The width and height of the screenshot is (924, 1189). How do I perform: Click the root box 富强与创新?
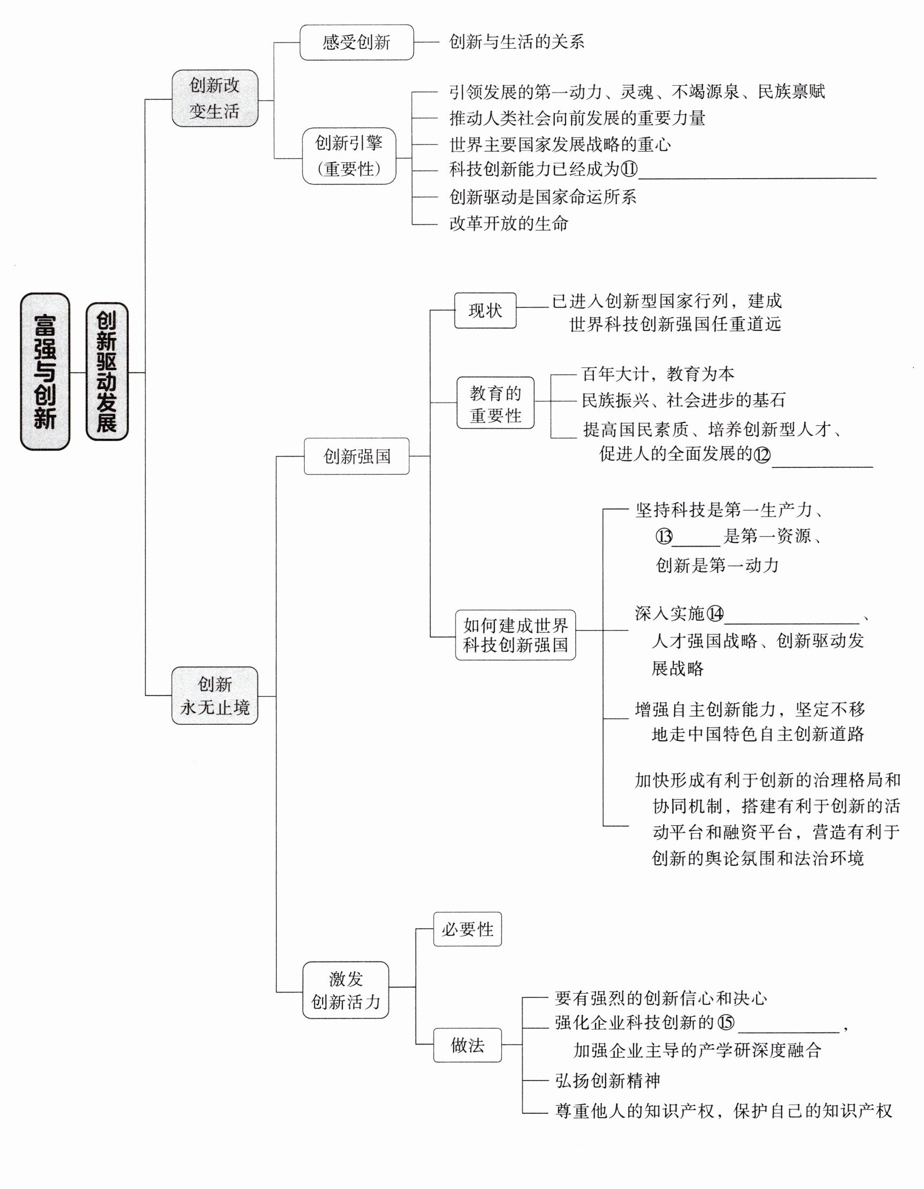pyautogui.click(x=45, y=372)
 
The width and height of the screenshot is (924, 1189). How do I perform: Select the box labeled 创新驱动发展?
pyautogui.click(x=107, y=372)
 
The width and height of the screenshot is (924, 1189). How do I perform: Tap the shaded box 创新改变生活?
pyautogui.click(x=215, y=99)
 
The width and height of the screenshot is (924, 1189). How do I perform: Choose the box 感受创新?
pyautogui.click(x=356, y=42)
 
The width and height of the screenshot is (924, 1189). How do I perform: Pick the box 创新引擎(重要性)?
pyautogui.click(x=349, y=156)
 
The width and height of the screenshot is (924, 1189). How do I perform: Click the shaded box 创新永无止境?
pyautogui.click(x=215, y=695)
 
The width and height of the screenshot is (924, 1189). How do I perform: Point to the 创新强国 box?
pyautogui.click(x=357, y=456)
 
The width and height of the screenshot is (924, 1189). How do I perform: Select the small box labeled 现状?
pyautogui.click(x=485, y=310)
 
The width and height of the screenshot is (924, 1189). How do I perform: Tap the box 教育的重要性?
pyautogui.click(x=495, y=404)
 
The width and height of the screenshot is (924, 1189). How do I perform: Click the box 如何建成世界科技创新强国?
pyautogui.click(x=515, y=635)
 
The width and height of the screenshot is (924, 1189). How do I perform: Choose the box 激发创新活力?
pyautogui.click(x=346, y=990)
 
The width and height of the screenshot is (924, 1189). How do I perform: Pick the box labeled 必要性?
pyautogui.click(x=467, y=929)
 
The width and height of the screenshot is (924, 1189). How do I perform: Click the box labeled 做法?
pyautogui.click(x=467, y=1045)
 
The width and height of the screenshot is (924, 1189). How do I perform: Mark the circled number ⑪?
pyautogui.click(x=629, y=170)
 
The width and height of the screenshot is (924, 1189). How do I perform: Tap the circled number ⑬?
pyautogui.click(x=664, y=537)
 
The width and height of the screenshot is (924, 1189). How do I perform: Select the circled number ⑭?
pyautogui.click(x=715, y=614)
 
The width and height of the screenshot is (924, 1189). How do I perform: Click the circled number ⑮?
pyautogui.click(x=726, y=1023)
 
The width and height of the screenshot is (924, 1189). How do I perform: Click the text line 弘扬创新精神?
pyautogui.click(x=607, y=1081)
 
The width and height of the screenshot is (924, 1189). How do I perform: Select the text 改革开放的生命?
pyautogui.click(x=509, y=223)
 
